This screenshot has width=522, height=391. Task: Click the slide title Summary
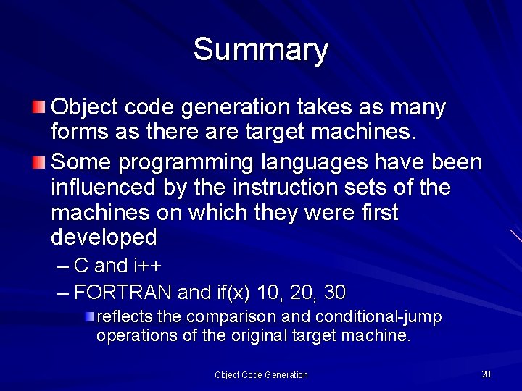pyautogui.click(x=261, y=50)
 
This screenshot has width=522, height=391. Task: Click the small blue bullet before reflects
pyautogui.click(x=88, y=317)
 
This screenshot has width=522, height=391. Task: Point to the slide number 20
pyautogui.click(x=486, y=374)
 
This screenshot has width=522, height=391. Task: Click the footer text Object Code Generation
pyautogui.click(x=261, y=375)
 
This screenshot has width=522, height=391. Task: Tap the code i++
pyautogui.click(x=147, y=266)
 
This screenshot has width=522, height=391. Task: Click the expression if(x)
pyautogui.click(x=231, y=293)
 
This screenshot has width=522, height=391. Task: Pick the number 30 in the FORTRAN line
pyautogui.click(x=334, y=293)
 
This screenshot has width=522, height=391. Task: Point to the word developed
pyautogui.click(x=104, y=237)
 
